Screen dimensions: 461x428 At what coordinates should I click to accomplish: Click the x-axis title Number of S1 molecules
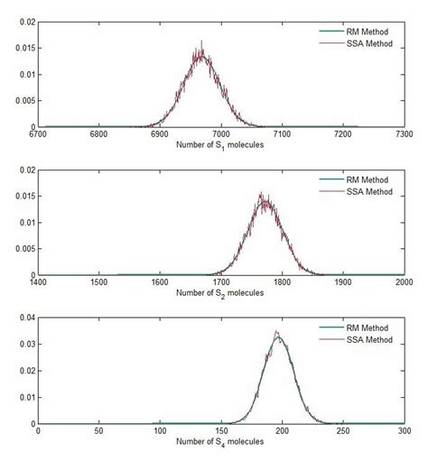pos(220,144)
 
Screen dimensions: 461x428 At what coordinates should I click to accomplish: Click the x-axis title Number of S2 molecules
pos(220,292)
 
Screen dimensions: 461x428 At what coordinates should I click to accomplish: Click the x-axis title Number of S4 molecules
pos(220,440)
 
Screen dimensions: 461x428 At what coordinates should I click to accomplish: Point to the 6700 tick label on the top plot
pos(38,135)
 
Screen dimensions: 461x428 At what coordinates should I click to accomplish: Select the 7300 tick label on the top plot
pos(403,135)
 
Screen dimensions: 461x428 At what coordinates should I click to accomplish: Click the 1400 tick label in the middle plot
pos(38,283)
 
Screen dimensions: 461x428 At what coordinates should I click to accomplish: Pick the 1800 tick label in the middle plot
pos(282,283)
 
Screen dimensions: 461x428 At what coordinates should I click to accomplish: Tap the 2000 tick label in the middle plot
pos(403,283)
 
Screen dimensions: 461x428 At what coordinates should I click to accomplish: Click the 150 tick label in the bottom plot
pos(220,431)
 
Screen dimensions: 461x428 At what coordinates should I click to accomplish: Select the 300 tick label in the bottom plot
pos(403,431)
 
